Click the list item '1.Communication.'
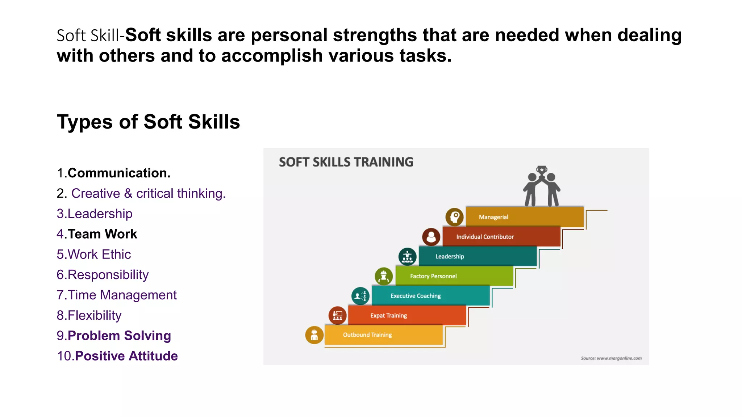point(113,173)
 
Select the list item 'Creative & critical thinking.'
point(148,194)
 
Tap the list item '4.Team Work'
point(97,234)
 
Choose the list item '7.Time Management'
point(117,295)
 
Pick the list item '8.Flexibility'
point(89,315)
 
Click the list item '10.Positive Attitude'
point(117,356)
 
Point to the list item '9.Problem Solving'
point(114,336)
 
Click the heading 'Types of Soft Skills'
point(148,122)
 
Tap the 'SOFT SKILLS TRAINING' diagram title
point(346,162)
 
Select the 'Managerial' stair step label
point(493,217)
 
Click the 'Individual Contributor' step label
point(485,237)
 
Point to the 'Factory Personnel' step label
point(433,276)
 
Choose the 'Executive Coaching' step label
point(416,296)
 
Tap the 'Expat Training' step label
point(388,316)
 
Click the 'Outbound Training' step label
point(367,335)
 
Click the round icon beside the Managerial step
point(454,217)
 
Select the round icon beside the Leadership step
point(407,257)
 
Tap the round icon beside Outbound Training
point(314,335)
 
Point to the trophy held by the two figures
point(542,170)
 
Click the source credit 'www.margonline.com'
point(611,358)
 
